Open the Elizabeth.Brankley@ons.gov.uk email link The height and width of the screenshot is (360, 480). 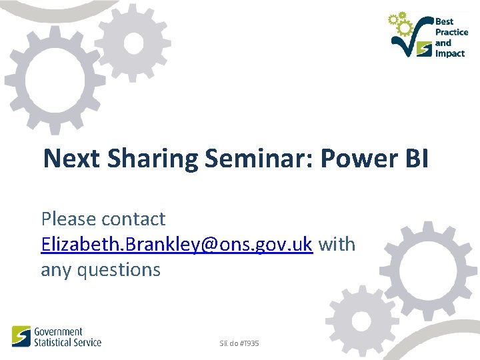[x=177, y=245]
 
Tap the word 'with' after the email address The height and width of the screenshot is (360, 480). [x=337, y=245]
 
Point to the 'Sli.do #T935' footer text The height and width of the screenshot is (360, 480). [x=239, y=343]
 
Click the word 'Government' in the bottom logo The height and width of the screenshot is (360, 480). [x=58, y=332]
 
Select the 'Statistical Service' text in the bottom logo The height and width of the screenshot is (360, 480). [x=67, y=342]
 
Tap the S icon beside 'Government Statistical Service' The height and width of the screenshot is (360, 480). [x=21, y=336]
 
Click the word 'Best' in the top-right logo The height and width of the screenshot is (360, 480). [x=444, y=21]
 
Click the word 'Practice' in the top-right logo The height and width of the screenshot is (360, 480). [x=451, y=32]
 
